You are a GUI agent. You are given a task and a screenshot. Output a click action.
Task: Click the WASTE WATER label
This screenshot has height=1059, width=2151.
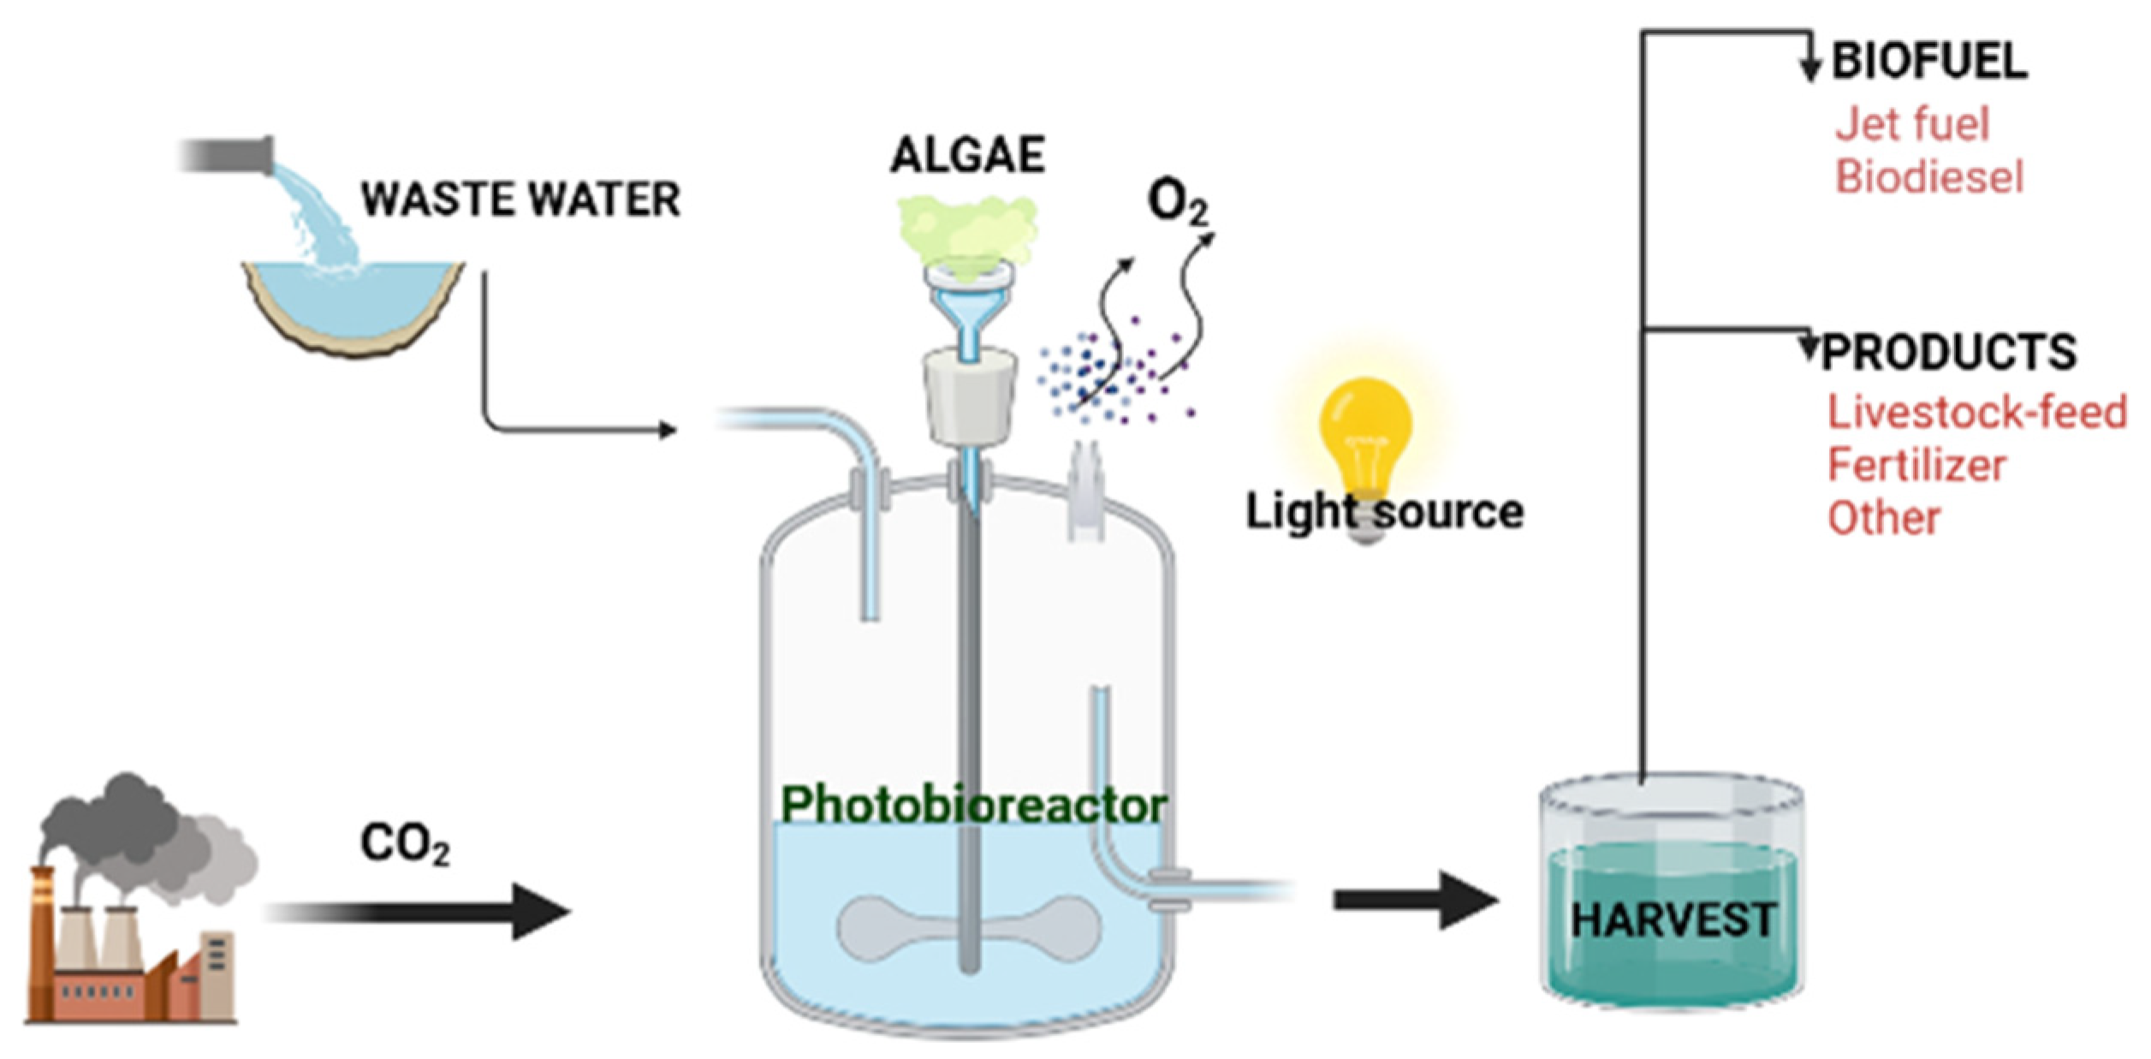[520, 199]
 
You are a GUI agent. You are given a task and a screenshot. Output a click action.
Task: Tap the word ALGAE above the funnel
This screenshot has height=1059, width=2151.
[967, 155]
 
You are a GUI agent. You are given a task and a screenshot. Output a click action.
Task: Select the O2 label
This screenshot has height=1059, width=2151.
[1177, 202]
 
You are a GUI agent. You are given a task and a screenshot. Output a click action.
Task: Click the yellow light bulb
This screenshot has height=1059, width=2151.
[1365, 437]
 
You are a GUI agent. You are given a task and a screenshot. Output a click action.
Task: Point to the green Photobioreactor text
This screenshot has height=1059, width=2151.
[974, 805]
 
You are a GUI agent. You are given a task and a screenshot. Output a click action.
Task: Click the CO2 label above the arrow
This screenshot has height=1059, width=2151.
[405, 843]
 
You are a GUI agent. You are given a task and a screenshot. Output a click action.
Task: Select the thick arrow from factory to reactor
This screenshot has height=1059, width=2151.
[419, 912]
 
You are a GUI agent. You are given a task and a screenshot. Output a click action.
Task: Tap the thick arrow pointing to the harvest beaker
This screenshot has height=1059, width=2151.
[1417, 900]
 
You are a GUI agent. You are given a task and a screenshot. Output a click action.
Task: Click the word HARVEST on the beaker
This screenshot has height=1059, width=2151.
[1673, 920]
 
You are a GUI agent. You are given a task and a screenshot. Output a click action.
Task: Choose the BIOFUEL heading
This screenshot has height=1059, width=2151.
[1929, 62]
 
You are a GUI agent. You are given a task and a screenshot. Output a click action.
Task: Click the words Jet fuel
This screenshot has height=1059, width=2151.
[1912, 124]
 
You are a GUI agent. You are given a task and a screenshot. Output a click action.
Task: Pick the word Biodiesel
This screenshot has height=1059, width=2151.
[1929, 177]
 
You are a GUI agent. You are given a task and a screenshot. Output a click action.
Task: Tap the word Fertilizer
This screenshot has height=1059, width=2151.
[1916, 466]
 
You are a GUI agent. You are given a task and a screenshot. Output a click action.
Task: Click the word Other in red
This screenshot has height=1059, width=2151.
[1883, 519]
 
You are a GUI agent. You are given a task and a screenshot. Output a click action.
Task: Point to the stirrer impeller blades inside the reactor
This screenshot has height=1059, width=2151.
[968, 927]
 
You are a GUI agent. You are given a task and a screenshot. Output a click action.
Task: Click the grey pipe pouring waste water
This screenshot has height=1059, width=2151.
[227, 156]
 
